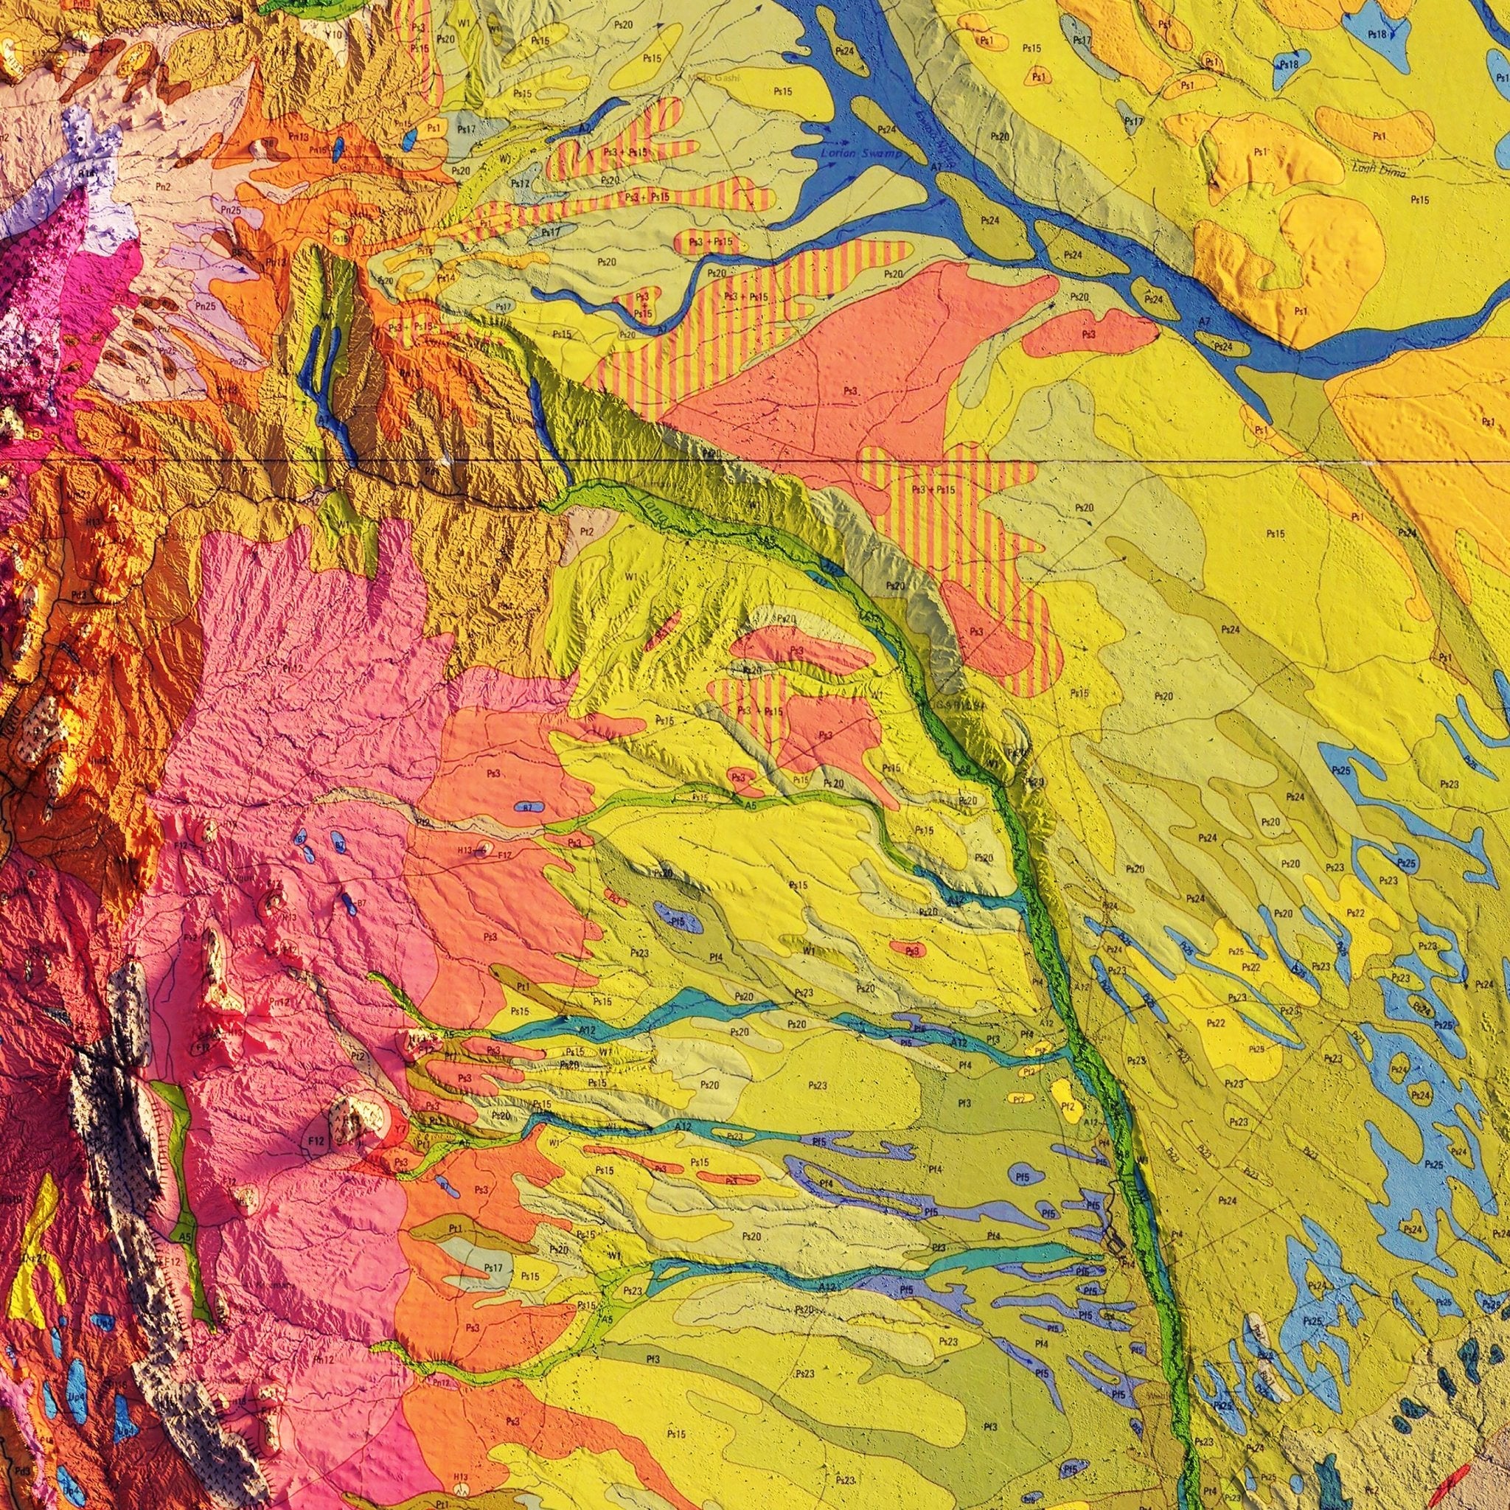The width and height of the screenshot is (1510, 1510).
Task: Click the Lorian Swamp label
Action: coord(860,155)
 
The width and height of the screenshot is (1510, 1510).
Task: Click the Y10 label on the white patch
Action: coord(335,35)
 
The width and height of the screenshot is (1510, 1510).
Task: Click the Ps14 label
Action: coord(446,277)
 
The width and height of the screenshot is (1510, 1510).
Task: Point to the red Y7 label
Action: coord(400,1130)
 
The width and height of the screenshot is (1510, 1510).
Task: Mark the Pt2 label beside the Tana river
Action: coord(587,532)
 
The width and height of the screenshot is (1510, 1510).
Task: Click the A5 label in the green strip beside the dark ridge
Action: coord(185,1237)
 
